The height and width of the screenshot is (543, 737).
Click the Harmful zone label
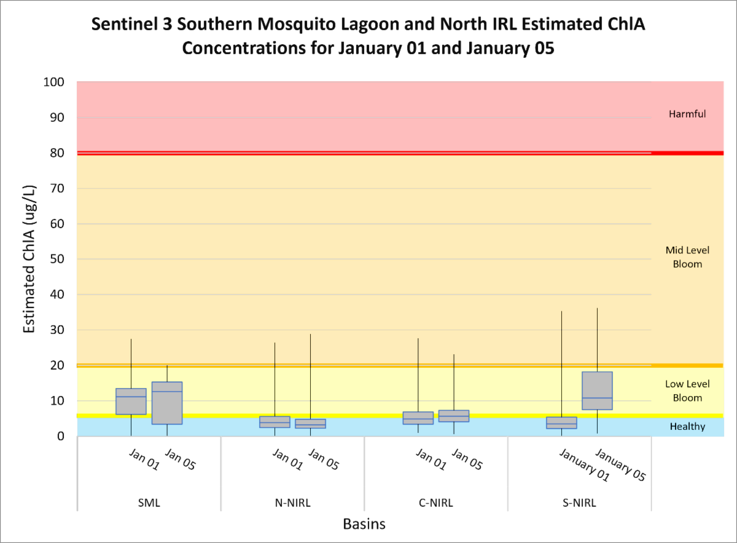687,114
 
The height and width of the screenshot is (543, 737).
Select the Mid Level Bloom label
687,257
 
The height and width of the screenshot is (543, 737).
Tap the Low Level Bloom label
687,391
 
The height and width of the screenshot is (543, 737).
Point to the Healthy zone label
687,427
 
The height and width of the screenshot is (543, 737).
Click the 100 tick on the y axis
58,82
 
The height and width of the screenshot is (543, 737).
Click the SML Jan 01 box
131,401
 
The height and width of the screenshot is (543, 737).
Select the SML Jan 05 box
167,403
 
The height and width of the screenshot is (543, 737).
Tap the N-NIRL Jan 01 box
275,422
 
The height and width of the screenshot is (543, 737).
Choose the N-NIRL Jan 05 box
310,424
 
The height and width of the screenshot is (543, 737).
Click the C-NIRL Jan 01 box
418,418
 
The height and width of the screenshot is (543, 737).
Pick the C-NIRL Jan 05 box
454,416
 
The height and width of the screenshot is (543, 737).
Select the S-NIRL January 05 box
597,390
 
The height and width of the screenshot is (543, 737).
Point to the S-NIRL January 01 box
561,422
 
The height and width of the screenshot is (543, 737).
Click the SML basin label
149,503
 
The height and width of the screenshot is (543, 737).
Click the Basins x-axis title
364,525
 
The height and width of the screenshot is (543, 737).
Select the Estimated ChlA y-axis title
29,259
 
